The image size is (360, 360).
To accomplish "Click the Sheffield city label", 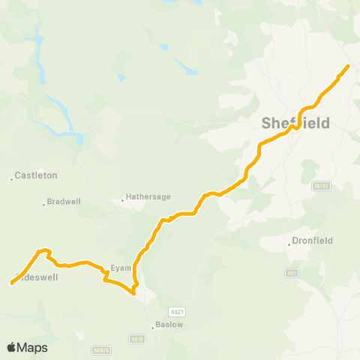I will click(295, 123).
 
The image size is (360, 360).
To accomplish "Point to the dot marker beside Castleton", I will click(12, 178).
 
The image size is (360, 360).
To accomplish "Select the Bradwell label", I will click(62, 202).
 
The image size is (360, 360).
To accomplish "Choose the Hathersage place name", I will click(150, 196).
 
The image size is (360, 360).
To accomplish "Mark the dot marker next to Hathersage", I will click(123, 200).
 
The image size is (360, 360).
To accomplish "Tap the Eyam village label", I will click(121, 267).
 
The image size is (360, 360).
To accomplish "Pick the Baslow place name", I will click(169, 325).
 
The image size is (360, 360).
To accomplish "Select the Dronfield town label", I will click(313, 241).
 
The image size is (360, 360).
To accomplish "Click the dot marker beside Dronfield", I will click(289, 243).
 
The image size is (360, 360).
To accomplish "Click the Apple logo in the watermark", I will click(12, 347).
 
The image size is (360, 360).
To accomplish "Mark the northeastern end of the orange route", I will click(348, 67).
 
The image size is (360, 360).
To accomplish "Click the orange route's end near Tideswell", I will click(12, 283).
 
